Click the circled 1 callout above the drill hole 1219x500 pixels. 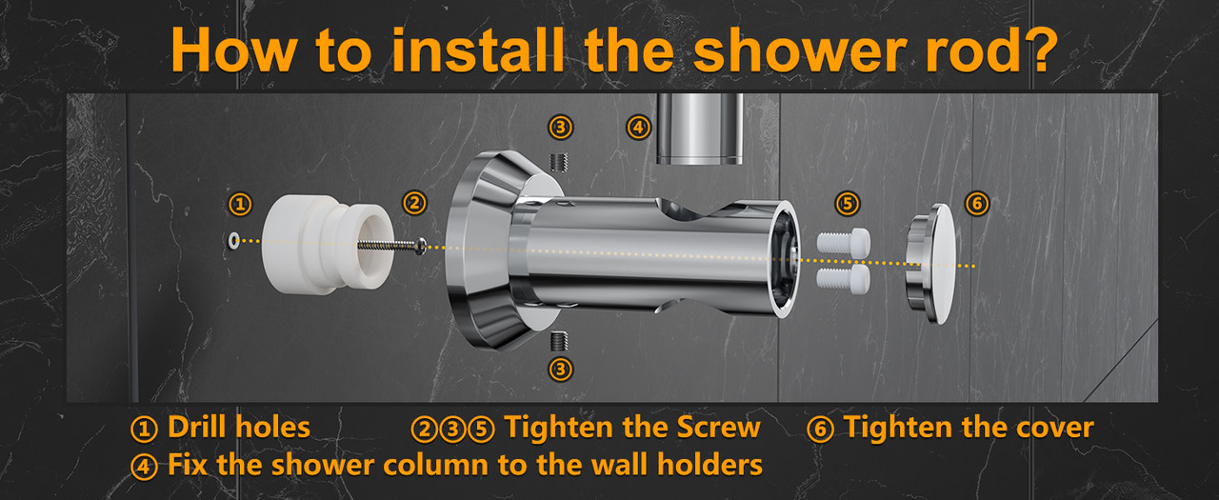(240, 204)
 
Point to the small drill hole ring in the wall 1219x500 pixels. (233, 240)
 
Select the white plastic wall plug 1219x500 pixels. (327, 245)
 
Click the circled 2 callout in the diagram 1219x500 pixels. (414, 203)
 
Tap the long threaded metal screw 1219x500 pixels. (391, 246)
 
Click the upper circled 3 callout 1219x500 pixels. (561, 128)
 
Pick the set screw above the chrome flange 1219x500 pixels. (558, 162)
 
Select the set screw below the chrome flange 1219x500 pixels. (558, 341)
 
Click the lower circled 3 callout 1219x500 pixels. (561, 370)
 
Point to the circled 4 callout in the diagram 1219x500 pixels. (638, 128)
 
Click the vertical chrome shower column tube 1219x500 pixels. (699, 129)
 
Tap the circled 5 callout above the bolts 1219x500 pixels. (848, 204)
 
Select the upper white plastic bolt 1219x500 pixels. (844, 243)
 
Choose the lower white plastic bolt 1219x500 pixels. (844, 277)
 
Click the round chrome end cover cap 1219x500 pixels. (930, 264)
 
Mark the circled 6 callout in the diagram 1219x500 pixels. (977, 204)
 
